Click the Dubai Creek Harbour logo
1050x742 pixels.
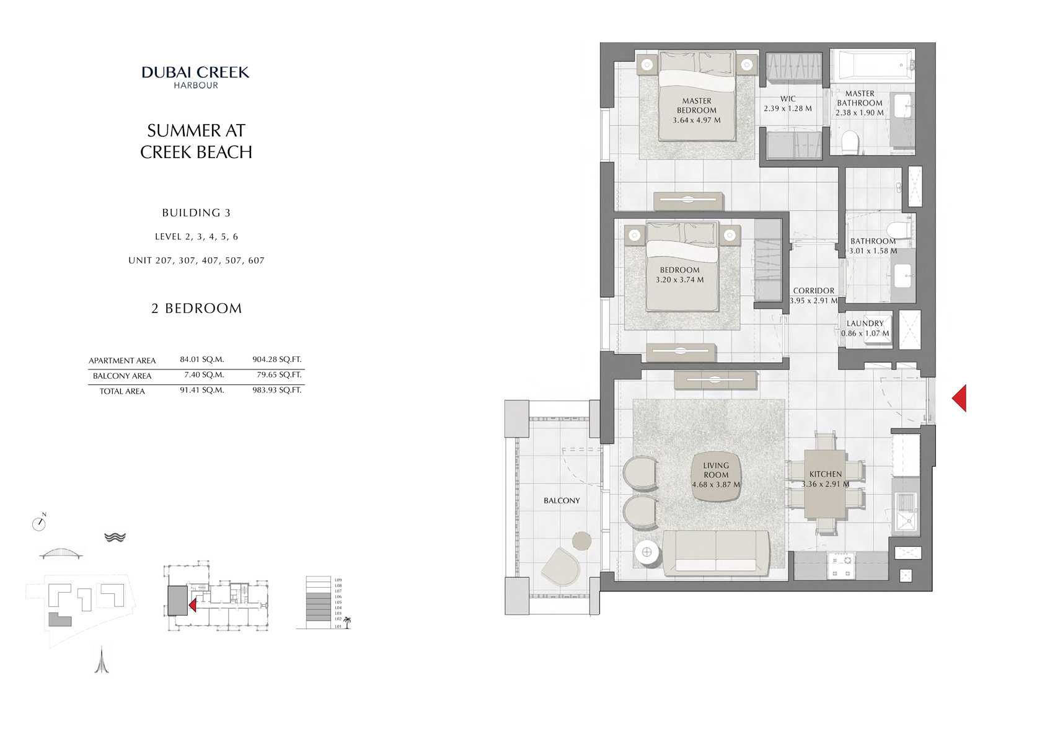pos(196,77)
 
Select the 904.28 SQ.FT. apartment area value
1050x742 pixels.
pos(276,360)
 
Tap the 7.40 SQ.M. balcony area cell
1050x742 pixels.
pos(204,375)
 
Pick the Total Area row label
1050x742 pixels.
pos(122,391)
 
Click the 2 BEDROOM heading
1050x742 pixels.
pos(196,309)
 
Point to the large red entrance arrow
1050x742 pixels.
pos(960,398)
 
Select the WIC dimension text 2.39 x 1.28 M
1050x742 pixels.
pos(787,108)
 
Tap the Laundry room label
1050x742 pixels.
pos(865,324)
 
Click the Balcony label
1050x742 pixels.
pos(562,501)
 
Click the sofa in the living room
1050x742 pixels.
pos(716,552)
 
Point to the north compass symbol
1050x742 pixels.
pos(39,523)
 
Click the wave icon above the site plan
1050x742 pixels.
pos(115,537)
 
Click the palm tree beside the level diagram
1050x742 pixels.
pos(347,622)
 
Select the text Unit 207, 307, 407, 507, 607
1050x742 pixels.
pos(196,261)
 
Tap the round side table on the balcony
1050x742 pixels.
pos(581,541)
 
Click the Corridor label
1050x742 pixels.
pos(813,291)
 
